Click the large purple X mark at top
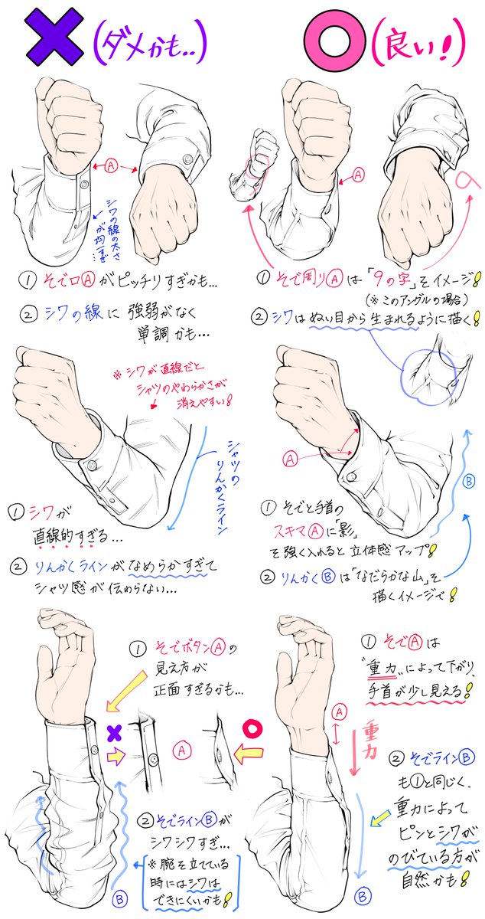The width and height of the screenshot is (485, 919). click(53, 38)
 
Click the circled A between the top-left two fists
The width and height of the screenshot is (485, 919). click(111, 164)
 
